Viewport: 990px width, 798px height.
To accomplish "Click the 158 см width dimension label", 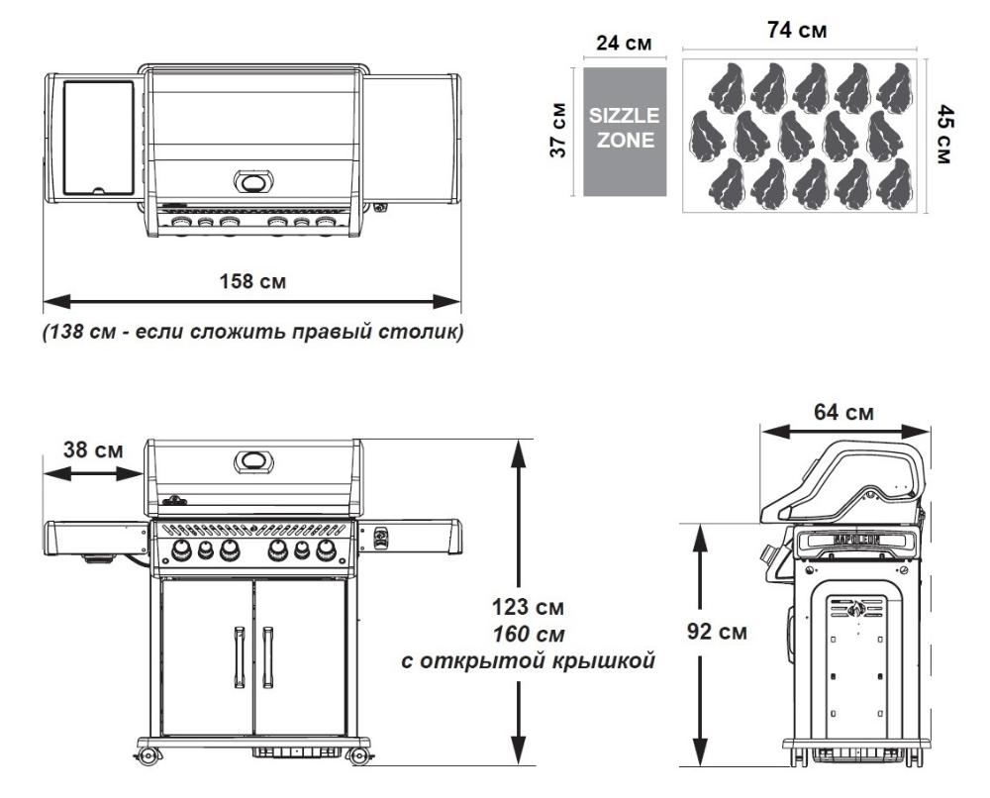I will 252,281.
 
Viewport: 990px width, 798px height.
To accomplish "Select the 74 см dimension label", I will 798,31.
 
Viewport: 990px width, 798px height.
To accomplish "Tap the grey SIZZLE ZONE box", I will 623,130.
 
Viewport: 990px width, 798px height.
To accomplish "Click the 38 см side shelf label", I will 93,449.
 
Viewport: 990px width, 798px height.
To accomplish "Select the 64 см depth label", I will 844,411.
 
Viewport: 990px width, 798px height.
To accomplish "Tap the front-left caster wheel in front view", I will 149,756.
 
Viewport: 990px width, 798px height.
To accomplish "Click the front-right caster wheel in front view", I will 358,756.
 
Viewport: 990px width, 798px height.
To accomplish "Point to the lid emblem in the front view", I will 253,461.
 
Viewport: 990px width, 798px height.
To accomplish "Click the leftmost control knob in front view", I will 182,551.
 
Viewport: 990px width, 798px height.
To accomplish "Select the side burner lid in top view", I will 98,137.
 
